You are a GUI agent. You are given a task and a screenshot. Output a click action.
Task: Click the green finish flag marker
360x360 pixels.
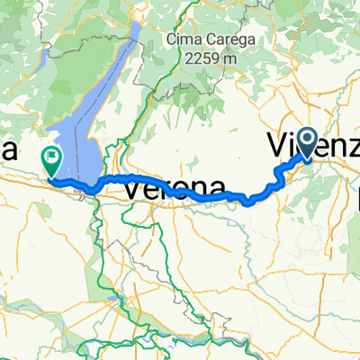51,161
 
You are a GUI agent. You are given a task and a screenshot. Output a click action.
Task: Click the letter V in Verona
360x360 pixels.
131,188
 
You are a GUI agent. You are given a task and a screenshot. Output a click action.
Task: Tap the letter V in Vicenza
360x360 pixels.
278,145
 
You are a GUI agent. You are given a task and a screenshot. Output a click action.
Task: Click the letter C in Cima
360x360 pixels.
172,40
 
